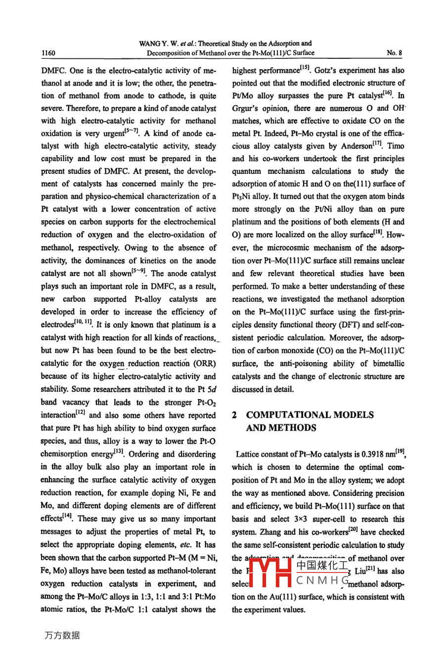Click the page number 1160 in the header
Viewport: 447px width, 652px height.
[48, 53]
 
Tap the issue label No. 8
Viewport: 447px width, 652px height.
[394, 53]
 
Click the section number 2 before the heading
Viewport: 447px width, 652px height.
[235, 415]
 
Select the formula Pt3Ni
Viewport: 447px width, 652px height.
[243, 197]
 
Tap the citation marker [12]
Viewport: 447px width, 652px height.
[82, 413]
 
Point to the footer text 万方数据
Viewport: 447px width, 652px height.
[62, 636]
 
